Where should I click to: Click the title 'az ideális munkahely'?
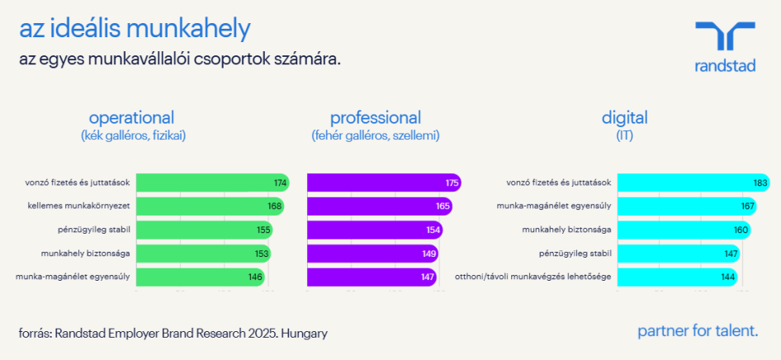[x=135, y=30]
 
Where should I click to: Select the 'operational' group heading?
[x=132, y=117]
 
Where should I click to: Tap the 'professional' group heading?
[x=376, y=117]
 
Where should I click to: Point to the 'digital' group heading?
[x=624, y=117]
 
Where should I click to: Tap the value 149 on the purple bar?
[x=428, y=253]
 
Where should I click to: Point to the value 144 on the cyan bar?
[x=727, y=277]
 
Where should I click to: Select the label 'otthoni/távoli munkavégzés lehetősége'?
[x=533, y=277]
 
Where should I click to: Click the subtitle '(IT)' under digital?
[x=624, y=135]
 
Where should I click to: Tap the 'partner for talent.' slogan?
[x=698, y=331]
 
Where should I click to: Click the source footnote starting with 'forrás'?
[x=173, y=334]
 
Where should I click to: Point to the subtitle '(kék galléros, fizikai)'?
[x=133, y=135]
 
